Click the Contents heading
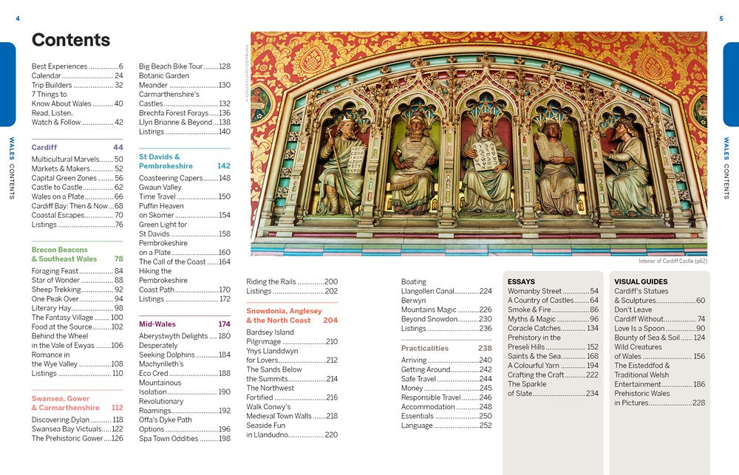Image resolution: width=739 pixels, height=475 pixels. point(71,40)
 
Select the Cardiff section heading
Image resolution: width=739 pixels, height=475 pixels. point(44,147)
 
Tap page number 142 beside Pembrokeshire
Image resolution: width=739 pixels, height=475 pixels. point(223,166)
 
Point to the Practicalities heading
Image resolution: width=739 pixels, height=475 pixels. point(425,348)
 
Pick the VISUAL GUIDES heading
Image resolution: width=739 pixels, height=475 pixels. point(641,281)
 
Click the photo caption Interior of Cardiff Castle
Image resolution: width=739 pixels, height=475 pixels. point(672,261)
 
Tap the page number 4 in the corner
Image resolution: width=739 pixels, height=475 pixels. point(18,18)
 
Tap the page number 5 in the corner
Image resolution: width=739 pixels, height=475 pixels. point(721,18)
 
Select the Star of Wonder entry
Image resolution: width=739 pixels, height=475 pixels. point(55,280)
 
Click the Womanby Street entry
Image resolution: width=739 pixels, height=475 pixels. point(535,291)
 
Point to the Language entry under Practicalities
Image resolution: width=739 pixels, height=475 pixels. point(418,426)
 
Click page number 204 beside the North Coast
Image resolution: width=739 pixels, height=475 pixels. point(330,320)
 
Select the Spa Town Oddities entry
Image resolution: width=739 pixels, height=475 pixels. point(168,439)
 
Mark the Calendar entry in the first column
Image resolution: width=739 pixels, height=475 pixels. point(47,75)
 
